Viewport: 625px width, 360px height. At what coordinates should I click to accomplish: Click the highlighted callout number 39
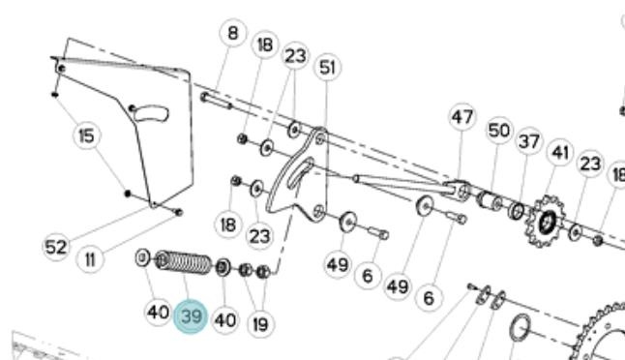click(x=191, y=316)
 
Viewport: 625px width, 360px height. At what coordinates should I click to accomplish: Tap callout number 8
click(x=233, y=33)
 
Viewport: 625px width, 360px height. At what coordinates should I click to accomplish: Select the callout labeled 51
click(x=328, y=67)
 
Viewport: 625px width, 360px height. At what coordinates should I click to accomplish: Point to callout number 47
click(x=461, y=117)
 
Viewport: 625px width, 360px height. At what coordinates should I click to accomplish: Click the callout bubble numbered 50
click(x=499, y=131)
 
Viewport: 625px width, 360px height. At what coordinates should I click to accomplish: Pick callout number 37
click(x=529, y=141)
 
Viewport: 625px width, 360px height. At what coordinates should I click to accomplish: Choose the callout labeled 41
click(x=560, y=152)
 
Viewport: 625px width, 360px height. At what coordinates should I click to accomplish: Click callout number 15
click(x=87, y=135)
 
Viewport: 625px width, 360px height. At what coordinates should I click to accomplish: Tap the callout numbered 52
click(x=56, y=247)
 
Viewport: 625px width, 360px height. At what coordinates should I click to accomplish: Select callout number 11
click(x=90, y=260)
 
